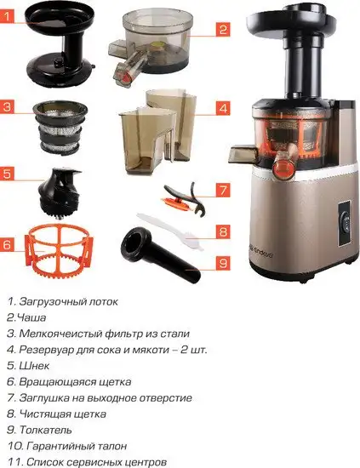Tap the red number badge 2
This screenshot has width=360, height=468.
[x=222, y=30]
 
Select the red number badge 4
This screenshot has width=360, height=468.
[x=222, y=109]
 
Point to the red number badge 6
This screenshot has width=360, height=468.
[x=9, y=244]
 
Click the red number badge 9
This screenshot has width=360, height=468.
[x=222, y=265]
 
